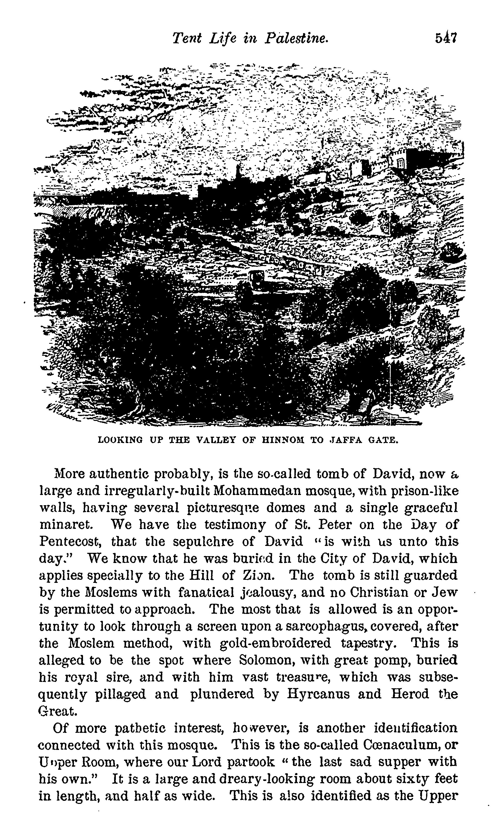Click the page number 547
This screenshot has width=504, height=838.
[x=446, y=38]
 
